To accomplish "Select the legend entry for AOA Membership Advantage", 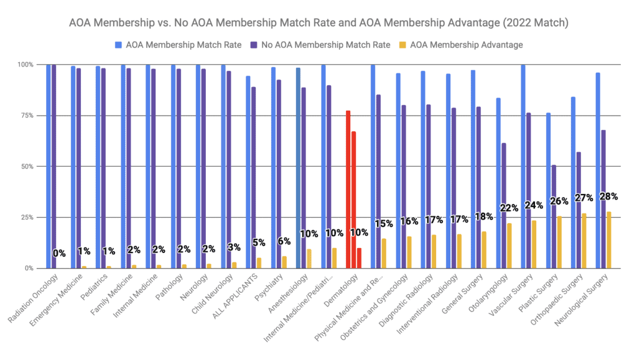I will (x=475, y=44).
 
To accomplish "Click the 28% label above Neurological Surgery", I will (x=608, y=196).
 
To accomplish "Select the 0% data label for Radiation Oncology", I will (x=59, y=253).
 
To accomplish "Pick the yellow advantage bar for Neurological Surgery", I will (x=609, y=240).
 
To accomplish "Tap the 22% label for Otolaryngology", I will (x=509, y=208).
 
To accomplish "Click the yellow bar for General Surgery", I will (x=484, y=249).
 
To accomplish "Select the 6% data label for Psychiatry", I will (x=284, y=241).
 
